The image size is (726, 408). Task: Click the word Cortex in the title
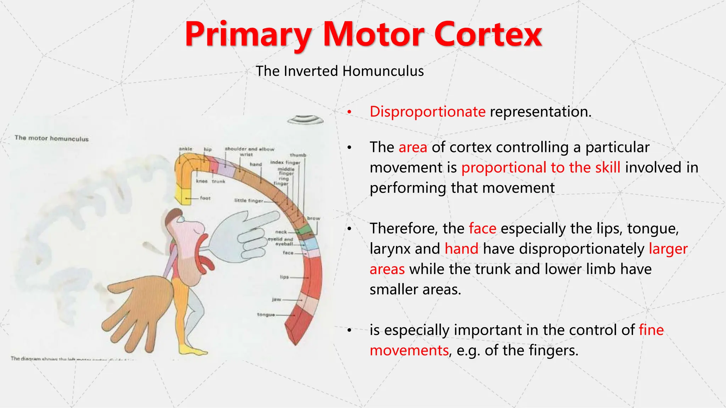tap(488, 34)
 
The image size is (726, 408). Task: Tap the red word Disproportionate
tap(427, 112)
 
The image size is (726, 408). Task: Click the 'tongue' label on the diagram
tap(266, 314)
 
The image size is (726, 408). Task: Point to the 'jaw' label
tap(277, 299)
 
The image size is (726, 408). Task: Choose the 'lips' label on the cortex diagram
tap(284, 277)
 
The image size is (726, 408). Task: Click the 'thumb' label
tap(298, 155)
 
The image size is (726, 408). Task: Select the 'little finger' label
tap(248, 200)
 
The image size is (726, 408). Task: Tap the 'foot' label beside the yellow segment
tap(205, 198)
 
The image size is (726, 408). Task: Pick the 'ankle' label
tap(185, 149)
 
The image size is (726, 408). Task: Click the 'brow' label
tap(313, 218)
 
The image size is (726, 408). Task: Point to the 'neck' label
tap(281, 232)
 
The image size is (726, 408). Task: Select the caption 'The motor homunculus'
tap(52, 138)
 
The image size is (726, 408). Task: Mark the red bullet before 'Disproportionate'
tap(349, 112)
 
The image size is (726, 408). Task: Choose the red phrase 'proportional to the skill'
tap(541, 168)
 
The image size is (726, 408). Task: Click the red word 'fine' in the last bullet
tap(651, 330)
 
